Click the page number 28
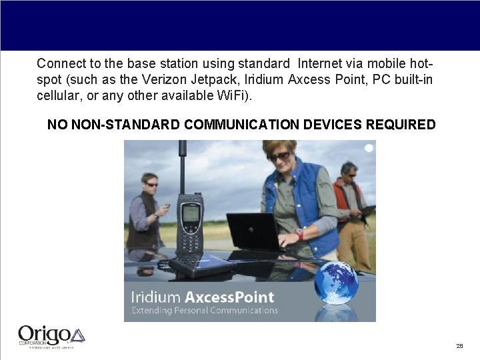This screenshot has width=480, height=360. pos(459,346)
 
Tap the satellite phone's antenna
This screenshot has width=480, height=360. pos(181,167)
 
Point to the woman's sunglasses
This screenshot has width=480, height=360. pos(279,157)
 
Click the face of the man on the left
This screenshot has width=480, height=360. pos(151,183)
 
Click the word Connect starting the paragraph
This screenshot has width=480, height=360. pos(59,64)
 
